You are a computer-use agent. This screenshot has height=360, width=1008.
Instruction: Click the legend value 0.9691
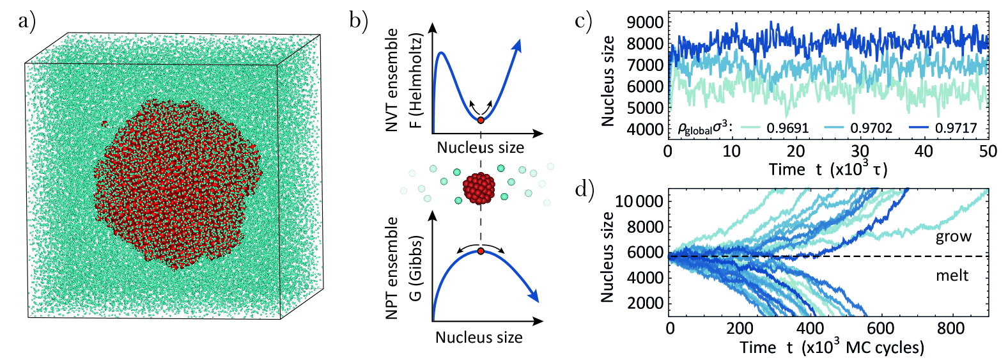[787, 128]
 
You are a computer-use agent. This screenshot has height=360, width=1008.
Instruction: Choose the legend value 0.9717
[956, 128]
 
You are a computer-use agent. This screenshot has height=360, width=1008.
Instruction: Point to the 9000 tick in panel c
[646, 23]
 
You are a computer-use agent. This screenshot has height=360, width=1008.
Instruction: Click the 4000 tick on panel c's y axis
[646, 129]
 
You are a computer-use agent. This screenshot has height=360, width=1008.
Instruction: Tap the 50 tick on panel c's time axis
[988, 151]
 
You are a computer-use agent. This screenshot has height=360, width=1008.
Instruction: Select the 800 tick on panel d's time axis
[950, 329]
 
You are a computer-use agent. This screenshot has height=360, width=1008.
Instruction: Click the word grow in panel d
[954, 237]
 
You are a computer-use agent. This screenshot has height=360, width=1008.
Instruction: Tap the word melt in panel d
[952, 276]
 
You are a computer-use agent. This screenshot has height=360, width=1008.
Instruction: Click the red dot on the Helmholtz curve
[481, 120]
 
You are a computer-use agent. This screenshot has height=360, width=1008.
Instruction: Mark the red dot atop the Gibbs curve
[481, 251]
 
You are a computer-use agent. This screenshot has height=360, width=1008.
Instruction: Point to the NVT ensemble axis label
[392, 80]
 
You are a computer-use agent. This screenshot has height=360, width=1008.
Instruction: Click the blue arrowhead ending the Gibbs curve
[535, 297]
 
